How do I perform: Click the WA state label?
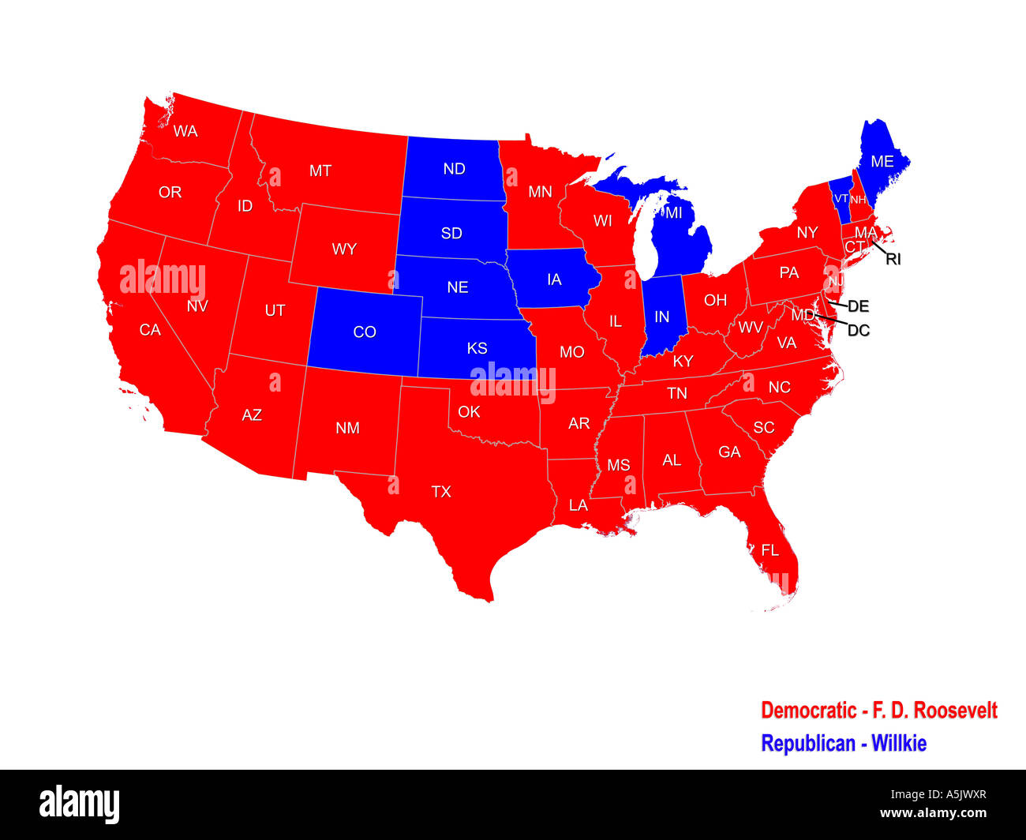click(x=185, y=131)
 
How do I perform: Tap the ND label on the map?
click(x=454, y=169)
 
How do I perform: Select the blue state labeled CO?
click(x=364, y=332)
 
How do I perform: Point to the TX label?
click(x=440, y=492)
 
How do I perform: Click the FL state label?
click(x=769, y=550)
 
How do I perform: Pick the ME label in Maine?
click(x=882, y=161)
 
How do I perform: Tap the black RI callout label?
click(x=893, y=259)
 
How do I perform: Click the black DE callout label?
click(x=858, y=306)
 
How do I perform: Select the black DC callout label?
click(x=858, y=330)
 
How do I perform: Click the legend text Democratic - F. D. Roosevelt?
click(x=878, y=711)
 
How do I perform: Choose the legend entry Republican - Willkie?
click(x=843, y=744)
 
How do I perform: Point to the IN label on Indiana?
click(x=661, y=317)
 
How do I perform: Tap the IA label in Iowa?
click(x=554, y=280)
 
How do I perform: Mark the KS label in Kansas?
click(x=477, y=348)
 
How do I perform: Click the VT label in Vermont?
click(x=841, y=199)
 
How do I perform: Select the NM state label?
click(x=347, y=428)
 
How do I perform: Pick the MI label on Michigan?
click(x=673, y=213)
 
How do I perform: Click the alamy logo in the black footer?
click(x=79, y=804)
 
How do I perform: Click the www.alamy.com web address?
click(x=933, y=814)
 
